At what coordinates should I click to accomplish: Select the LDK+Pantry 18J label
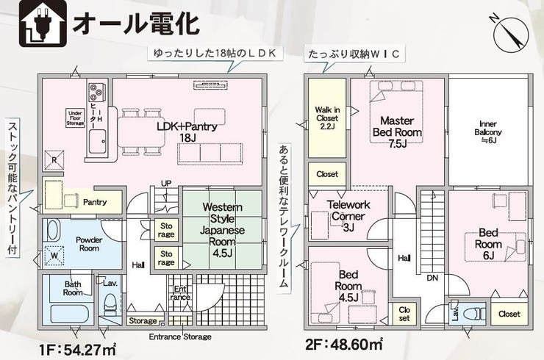(x=187, y=132)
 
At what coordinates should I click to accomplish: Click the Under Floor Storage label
(x=76, y=118)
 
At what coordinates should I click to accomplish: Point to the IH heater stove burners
(x=97, y=93)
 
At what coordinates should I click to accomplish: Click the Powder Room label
(x=89, y=243)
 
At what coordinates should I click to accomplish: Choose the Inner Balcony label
(x=488, y=132)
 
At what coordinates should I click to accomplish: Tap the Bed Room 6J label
(x=488, y=243)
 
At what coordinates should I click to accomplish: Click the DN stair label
(x=432, y=278)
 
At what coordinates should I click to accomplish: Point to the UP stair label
(x=166, y=183)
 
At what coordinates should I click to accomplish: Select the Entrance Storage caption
(x=179, y=336)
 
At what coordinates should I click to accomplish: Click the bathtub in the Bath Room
(x=69, y=313)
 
